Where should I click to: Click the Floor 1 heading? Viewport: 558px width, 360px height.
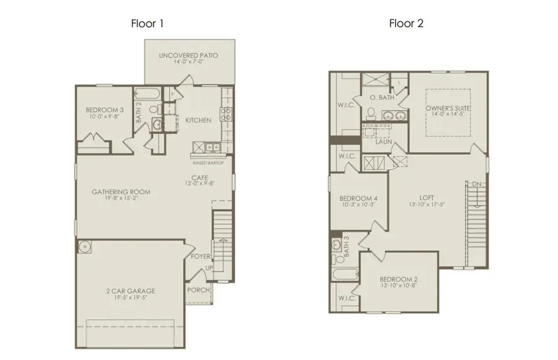point(147,24)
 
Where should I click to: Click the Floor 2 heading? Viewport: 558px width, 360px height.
point(406,24)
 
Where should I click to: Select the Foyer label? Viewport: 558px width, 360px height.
point(200,256)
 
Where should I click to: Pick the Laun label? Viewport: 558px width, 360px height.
point(383,142)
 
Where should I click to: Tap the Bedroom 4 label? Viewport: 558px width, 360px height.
point(358,200)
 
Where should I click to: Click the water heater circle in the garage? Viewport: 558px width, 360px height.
point(85,247)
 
